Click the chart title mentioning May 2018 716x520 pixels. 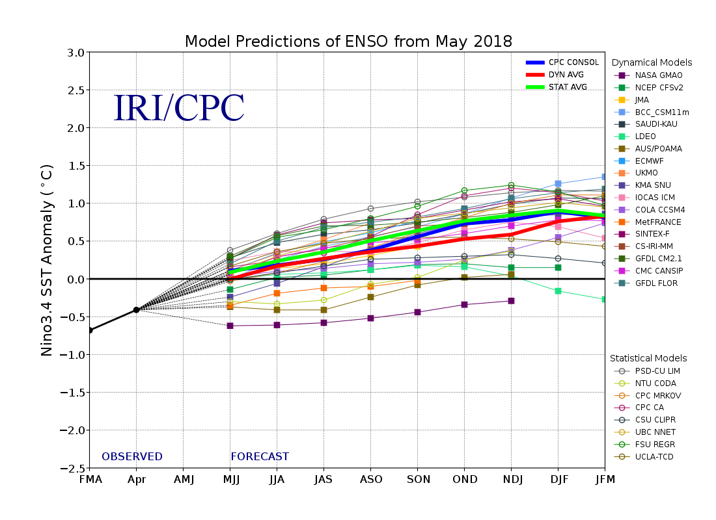point(348,42)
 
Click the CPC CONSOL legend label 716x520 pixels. point(573,62)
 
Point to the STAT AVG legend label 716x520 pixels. point(568,87)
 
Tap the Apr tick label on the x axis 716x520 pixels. point(136,480)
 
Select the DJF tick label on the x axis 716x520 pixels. point(558,480)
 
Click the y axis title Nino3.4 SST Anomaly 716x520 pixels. point(47,260)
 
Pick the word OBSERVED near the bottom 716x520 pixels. point(132,457)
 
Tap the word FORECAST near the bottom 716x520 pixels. point(260,457)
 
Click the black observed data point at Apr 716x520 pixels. point(136,309)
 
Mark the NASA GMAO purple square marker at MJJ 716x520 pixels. point(230,326)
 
